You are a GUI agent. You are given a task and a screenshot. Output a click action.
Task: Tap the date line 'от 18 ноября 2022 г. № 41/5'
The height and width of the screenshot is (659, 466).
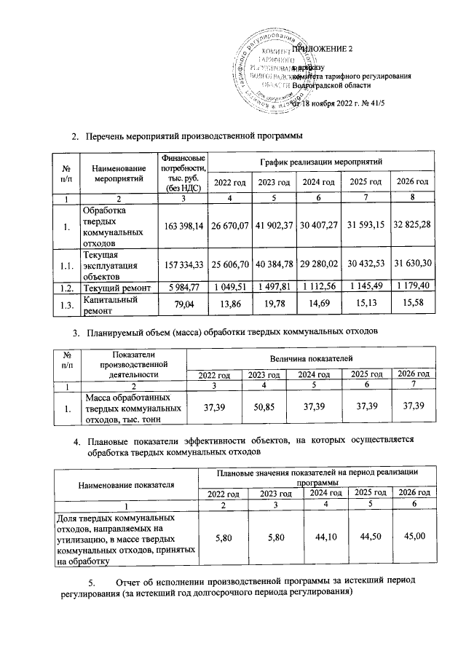(339, 103)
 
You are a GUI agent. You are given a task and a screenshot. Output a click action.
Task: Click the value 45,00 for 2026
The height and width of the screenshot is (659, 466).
(412, 538)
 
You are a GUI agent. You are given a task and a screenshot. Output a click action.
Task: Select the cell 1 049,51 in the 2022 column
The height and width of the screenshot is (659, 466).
(229, 288)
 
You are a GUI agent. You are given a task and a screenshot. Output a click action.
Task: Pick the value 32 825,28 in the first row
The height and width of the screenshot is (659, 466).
(412, 227)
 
